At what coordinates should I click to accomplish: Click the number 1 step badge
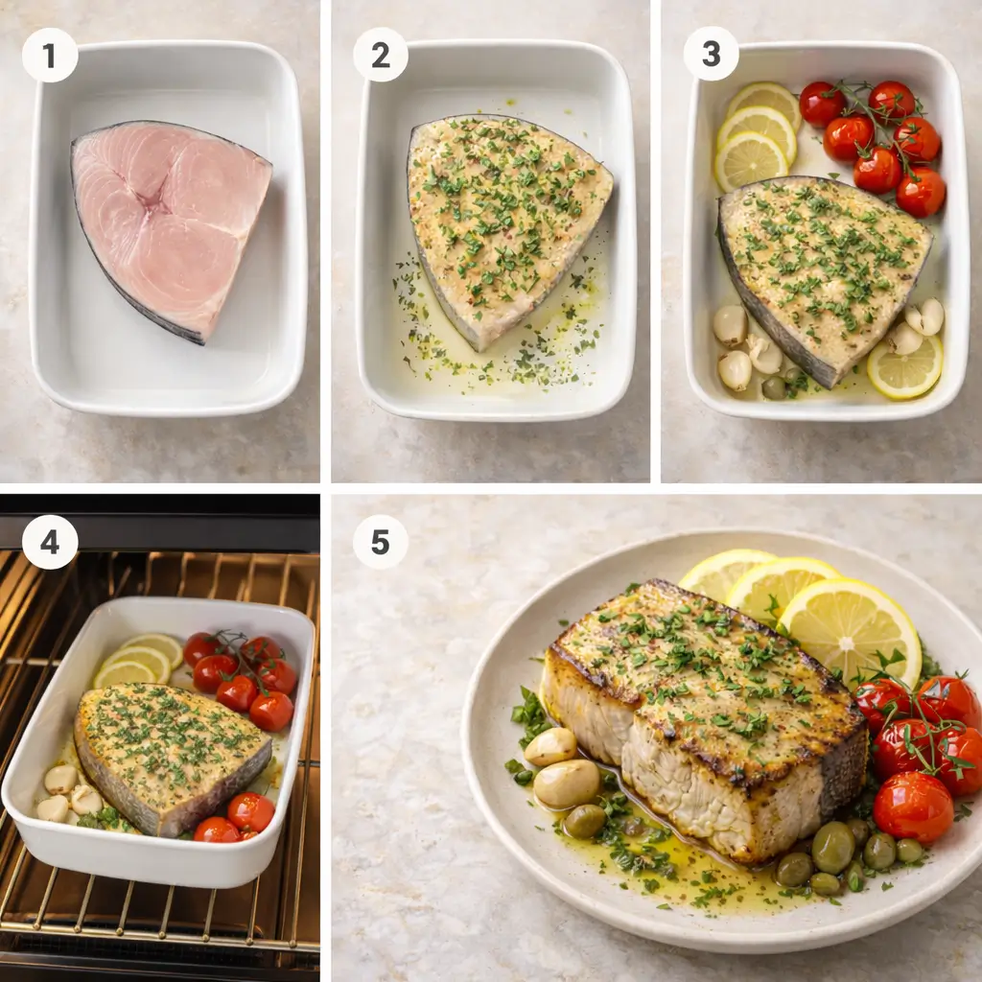click(x=49, y=55)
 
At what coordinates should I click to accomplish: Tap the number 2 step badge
click(x=380, y=55)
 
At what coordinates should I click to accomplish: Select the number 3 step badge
click(x=711, y=53)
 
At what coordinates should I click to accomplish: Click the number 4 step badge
click(x=49, y=543)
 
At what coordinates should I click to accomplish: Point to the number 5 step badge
click(x=380, y=542)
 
